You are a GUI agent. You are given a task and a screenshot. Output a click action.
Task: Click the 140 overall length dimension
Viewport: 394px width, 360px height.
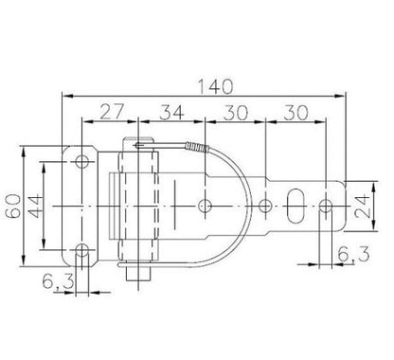[215, 87]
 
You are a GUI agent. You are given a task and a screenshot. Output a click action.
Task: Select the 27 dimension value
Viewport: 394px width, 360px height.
[113, 112]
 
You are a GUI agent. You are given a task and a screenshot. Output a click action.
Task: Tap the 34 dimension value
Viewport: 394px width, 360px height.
[171, 113]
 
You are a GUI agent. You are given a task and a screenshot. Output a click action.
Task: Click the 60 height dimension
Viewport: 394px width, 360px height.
[14, 207]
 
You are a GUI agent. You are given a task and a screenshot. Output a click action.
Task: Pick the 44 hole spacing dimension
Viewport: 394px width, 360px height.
[35, 207]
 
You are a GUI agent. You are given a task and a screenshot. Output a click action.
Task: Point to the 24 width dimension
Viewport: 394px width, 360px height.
[362, 207]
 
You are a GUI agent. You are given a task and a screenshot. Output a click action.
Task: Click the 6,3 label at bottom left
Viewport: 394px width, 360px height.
[58, 281]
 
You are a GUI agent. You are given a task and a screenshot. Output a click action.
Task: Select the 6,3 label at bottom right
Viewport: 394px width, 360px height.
[353, 254]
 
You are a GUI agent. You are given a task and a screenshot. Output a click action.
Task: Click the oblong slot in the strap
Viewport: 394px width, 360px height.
[295, 206]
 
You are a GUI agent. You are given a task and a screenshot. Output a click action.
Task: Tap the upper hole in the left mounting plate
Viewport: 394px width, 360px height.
[82, 162]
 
